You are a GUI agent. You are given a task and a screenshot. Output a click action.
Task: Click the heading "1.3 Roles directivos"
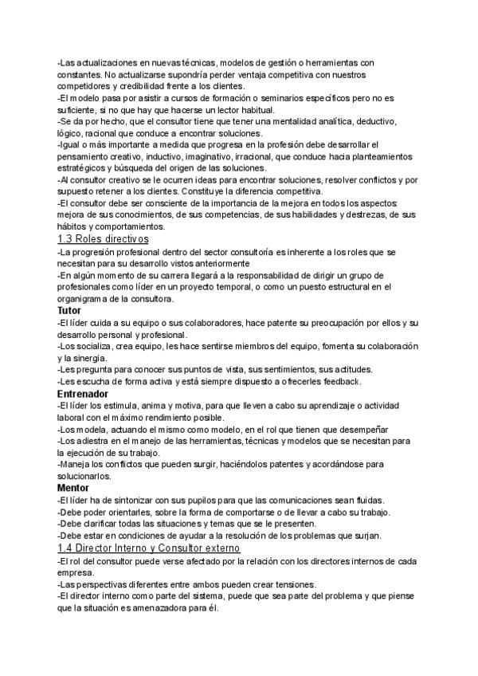tap(104, 239)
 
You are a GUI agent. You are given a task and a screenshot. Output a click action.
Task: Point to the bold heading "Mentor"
tap(73, 487)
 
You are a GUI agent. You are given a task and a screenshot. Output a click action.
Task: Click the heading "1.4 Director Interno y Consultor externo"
tap(149, 549)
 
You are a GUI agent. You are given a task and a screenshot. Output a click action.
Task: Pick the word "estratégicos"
tap(84, 168)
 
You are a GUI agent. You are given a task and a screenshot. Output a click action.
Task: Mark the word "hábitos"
tap(73, 227)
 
